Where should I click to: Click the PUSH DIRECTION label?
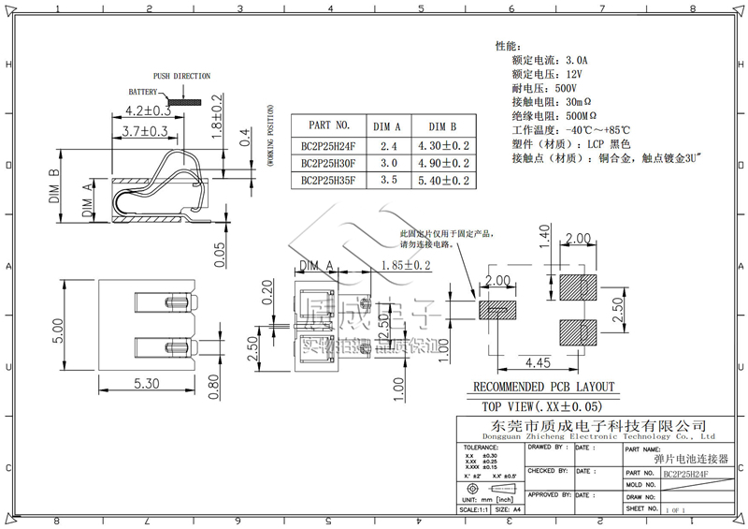pyautogui.click(x=181, y=76)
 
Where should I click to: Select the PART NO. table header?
pyautogui.click(x=328, y=125)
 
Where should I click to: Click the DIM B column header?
pyautogui.click(x=442, y=125)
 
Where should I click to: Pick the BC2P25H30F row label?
pyautogui.click(x=328, y=163)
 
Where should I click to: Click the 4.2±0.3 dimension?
pyautogui.click(x=147, y=110)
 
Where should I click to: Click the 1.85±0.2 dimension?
pyautogui.click(x=405, y=265)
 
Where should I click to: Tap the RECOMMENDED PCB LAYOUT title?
pyautogui.click(x=543, y=387)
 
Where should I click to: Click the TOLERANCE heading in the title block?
pyautogui.click(x=482, y=448)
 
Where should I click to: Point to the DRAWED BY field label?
pyautogui.click(x=547, y=448)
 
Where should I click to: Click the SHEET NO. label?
pyautogui.click(x=643, y=507)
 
